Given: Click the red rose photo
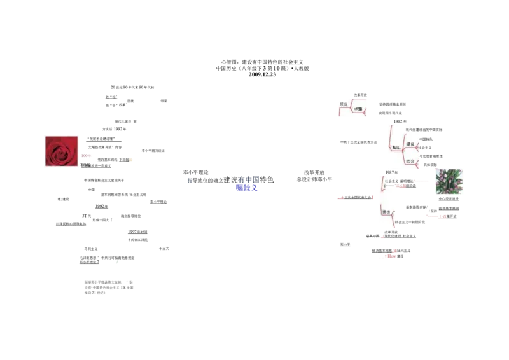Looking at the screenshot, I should pos(60,150).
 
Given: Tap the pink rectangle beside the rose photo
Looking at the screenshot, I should pos(86,155).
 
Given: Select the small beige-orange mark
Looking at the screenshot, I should pos(132,160).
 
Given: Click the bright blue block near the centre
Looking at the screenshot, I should pos(247,188).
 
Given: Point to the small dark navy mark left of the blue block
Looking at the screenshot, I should pos(188,181).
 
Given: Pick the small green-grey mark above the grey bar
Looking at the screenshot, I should pos(116,262).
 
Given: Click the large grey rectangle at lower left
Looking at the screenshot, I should pos(109,286).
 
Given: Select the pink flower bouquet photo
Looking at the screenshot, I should pos(450,181).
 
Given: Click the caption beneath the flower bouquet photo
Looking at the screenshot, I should pos(449,197).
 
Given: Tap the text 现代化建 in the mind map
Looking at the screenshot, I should pos(412,130).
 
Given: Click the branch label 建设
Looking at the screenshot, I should pos(410,145).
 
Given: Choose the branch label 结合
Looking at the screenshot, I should pos(410,162).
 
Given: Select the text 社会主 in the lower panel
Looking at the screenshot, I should pos(389,181).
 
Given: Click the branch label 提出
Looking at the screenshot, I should pos(386,212).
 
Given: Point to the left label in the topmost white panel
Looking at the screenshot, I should pos(344,104).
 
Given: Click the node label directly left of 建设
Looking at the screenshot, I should pos(396,147).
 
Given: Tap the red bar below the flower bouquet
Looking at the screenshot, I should pos(435,216).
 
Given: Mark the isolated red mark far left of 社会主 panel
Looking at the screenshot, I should pos(341,198).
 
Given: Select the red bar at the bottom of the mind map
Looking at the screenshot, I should pos(386,257).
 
